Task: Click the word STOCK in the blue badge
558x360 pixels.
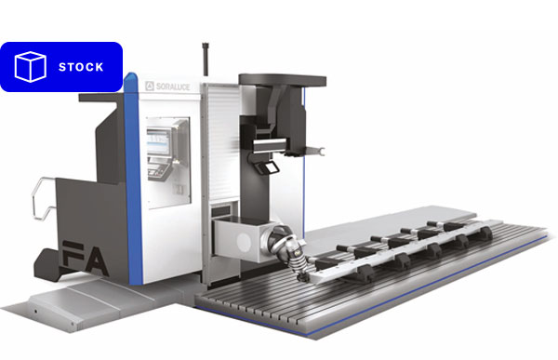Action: pyautogui.click(x=81, y=67)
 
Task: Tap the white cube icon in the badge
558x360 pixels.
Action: pyautogui.click(x=31, y=67)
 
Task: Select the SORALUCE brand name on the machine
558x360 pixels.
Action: pyautogui.click(x=173, y=87)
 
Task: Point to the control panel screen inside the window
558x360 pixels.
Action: pyautogui.click(x=158, y=141)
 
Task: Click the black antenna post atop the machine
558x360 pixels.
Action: pyautogui.click(x=206, y=60)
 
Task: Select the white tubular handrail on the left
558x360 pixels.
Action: pyautogui.click(x=43, y=198)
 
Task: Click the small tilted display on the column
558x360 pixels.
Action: pyautogui.click(x=269, y=167)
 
